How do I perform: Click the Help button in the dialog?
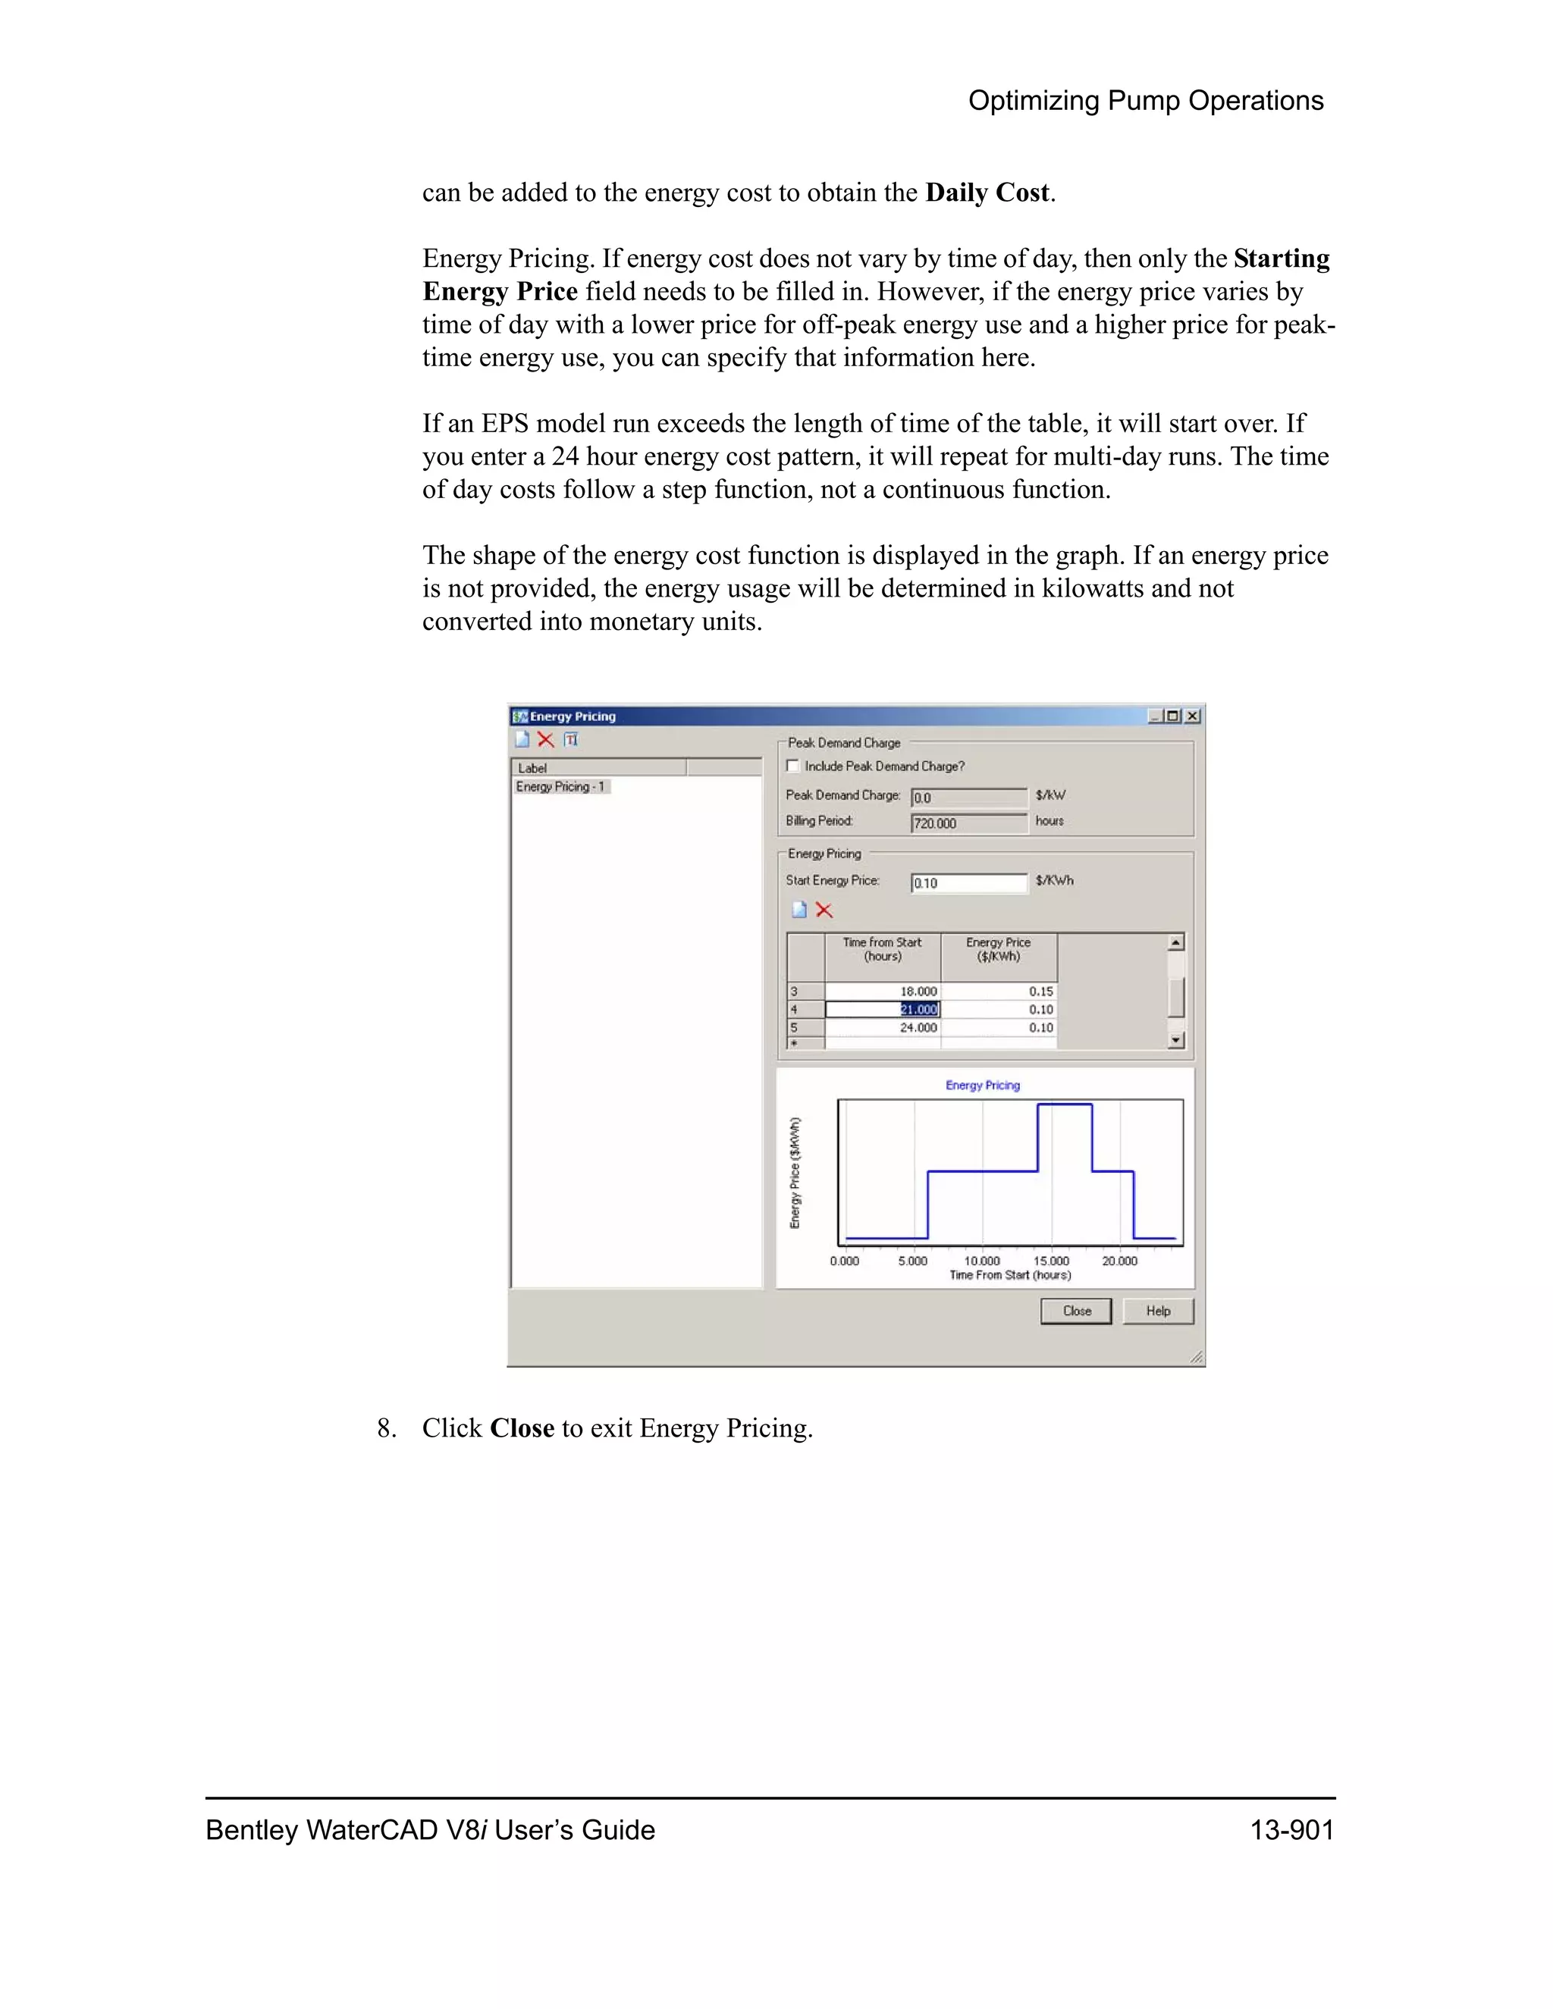coord(1157,1311)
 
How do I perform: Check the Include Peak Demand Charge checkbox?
coord(792,766)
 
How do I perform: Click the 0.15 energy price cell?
coord(999,992)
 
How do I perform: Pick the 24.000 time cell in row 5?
coord(883,1027)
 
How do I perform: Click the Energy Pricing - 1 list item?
coord(560,786)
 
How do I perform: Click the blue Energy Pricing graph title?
coord(983,1086)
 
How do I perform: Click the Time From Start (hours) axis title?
coord(1009,1275)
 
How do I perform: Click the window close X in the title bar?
coord(1192,716)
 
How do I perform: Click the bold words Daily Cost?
coord(987,193)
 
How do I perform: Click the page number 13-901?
coord(1291,1829)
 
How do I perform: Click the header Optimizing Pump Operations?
coord(1146,100)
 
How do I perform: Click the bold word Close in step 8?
coord(522,1428)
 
